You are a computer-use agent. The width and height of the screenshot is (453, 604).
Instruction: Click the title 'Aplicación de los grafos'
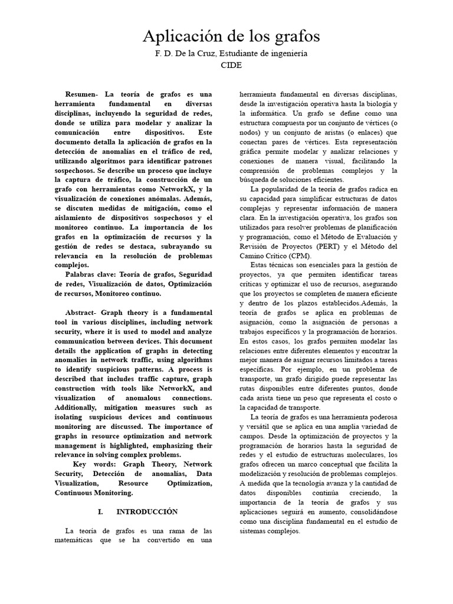231,37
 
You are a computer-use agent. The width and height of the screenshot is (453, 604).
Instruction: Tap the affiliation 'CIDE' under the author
231,66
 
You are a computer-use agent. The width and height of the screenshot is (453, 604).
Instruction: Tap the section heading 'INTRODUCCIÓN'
147,511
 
